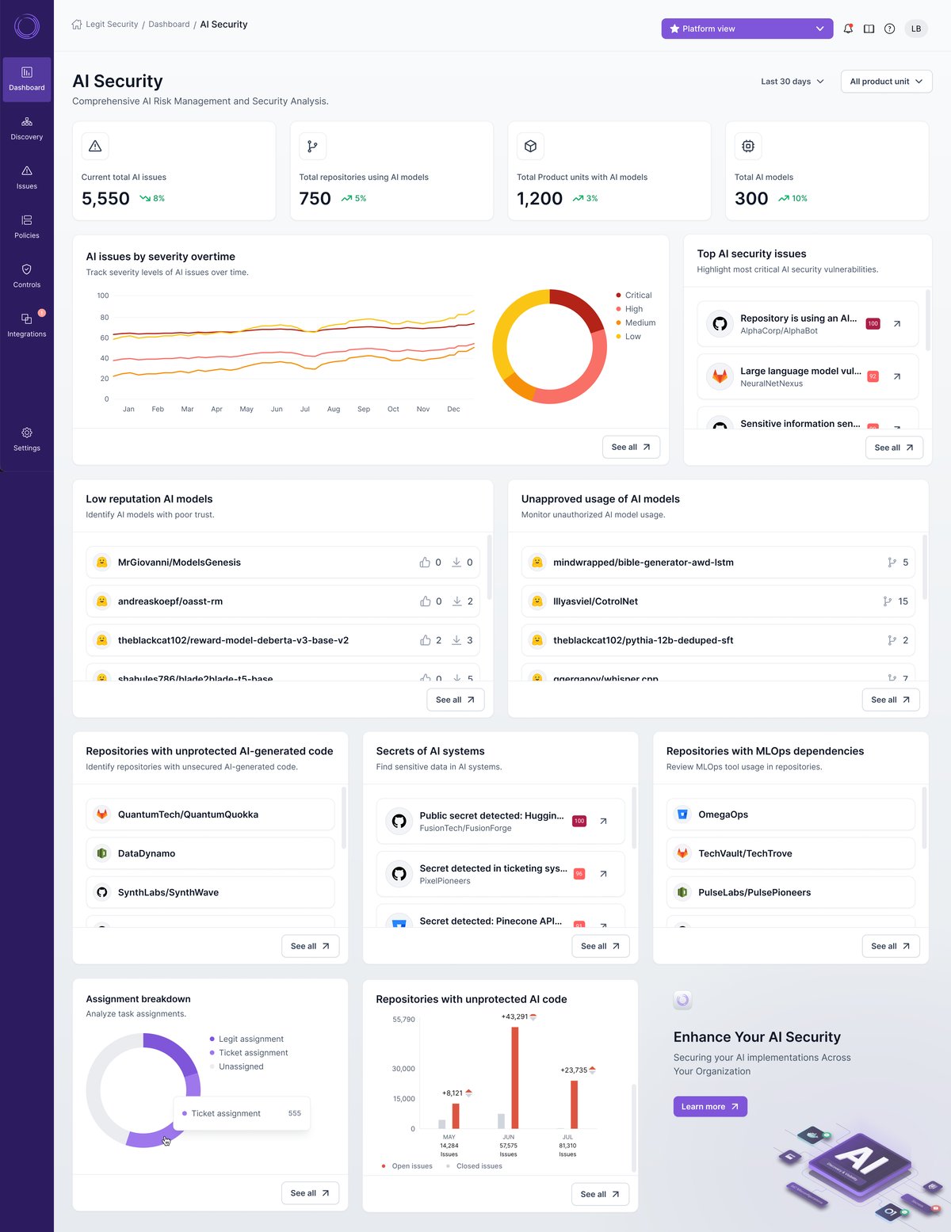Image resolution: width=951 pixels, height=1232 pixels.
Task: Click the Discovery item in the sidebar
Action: (26, 128)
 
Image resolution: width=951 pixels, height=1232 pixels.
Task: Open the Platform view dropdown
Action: (747, 29)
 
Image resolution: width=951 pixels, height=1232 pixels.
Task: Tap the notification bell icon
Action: (848, 29)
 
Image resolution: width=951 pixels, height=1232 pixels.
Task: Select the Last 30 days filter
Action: (792, 82)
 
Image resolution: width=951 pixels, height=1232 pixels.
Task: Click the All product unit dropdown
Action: (885, 82)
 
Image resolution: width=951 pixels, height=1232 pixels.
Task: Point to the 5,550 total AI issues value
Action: (105, 198)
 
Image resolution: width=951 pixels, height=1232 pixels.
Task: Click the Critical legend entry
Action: (637, 296)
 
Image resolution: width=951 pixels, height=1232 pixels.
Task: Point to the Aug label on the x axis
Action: (334, 410)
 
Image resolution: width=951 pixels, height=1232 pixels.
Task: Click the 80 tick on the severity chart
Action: (104, 317)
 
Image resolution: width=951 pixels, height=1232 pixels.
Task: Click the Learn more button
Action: (709, 1107)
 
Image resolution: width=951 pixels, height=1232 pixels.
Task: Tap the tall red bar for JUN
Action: (515, 1078)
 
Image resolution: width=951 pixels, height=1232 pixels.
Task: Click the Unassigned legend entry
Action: (241, 1066)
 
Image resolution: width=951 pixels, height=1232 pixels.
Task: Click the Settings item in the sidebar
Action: (26, 439)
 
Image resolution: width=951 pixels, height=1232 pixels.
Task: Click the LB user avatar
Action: (915, 29)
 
